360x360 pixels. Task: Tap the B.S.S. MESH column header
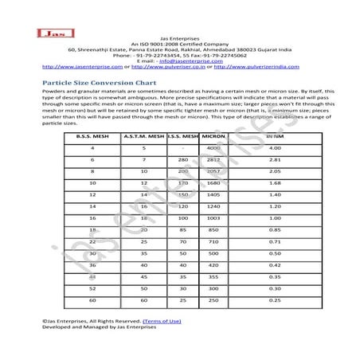click(92, 137)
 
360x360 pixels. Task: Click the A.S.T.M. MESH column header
click(143, 137)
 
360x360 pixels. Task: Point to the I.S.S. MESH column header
click(182, 137)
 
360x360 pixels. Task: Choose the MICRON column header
click(216, 137)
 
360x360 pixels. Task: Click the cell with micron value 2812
click(213, 159)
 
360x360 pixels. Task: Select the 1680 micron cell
click(213, 182)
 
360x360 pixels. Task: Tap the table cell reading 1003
click(213, 217)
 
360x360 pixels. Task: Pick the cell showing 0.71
click(274, 241)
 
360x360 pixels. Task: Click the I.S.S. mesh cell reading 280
click(182, 159)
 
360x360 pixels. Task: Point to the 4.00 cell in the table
click(275, 148)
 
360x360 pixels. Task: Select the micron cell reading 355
click(213, 276)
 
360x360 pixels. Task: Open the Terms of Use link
click(162, 320)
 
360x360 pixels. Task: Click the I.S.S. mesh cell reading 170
click(182, 182)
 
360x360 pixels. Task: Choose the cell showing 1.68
click(274, 182)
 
